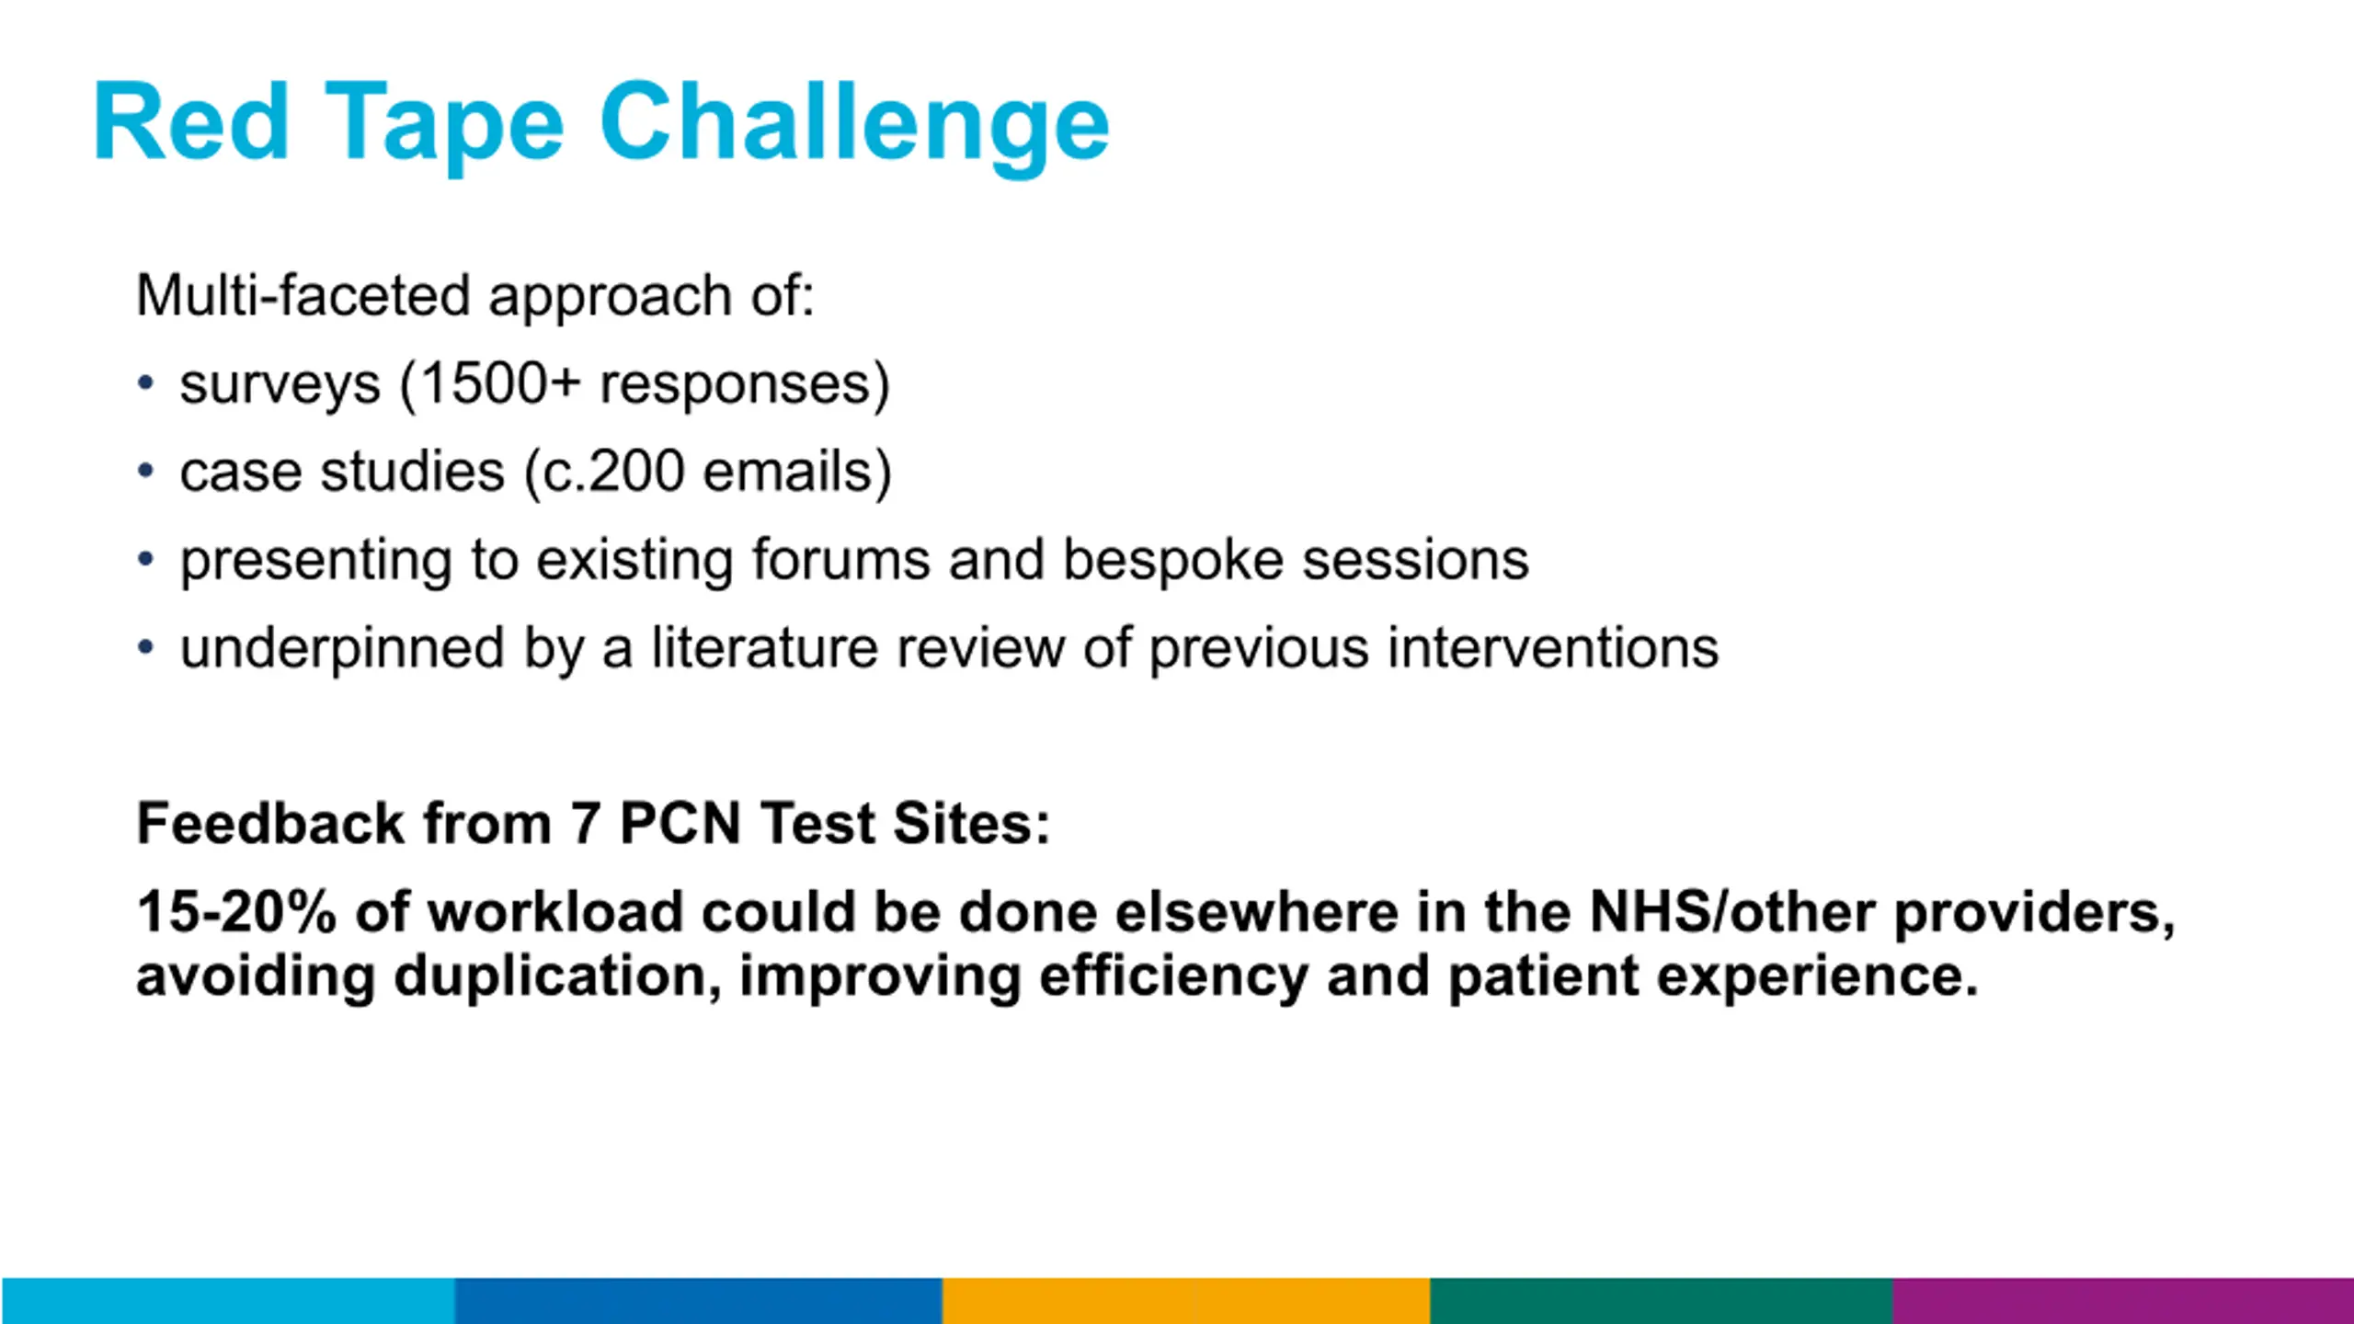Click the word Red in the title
pos(192,122)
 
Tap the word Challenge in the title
pos(854,128)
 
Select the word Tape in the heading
pos(444,128)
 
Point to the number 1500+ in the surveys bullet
pos(499,383)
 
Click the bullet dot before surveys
pos(145,382)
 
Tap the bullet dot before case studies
pos(145,471)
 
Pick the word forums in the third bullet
pos(840,560)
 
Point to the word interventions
pos(1553,648)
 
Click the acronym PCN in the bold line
pos(680,823)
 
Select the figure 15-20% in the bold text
pos(236,912)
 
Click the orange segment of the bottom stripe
pos(1186,1301)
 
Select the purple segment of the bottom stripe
pos(2123,1301)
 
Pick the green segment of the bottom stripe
pos(1662,1301)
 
